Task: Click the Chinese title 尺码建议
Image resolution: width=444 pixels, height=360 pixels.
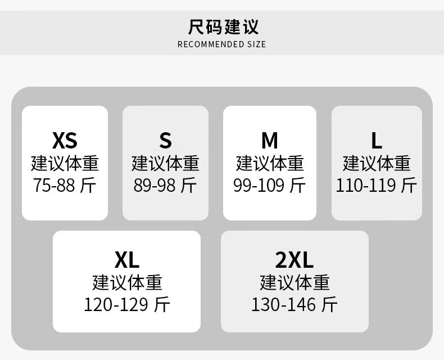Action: click(223, 26)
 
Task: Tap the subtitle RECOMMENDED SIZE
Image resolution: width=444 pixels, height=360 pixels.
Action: click(221, 44)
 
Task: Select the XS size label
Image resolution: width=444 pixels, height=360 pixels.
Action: click(65, 139)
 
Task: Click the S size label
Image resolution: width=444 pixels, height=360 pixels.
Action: click(165, 139)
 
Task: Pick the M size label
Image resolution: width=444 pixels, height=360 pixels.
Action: click(270, 139)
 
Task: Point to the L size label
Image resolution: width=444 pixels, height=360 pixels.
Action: click(376, 139)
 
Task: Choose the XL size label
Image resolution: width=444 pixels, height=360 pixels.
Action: click(126, 260)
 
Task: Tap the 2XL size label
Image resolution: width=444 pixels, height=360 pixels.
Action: click(295, 260)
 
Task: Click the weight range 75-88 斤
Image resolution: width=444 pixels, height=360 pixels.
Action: click(65, 185)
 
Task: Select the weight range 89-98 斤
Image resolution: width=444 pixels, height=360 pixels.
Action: click(165, 185)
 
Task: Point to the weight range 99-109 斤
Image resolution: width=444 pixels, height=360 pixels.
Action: click(270, 185)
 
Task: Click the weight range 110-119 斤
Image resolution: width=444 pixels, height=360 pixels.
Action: click(376, 185)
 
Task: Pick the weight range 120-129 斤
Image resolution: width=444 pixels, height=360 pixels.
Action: click(126, 304)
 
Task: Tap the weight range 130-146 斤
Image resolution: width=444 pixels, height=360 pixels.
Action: click(295, 304)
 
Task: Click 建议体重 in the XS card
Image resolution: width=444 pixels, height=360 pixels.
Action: click(65, 163)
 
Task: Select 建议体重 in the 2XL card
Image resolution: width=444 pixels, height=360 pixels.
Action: click(295, 282)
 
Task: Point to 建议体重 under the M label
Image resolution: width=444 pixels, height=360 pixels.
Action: click(270, 163)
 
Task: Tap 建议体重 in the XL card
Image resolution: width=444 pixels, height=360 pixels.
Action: click(126, 282)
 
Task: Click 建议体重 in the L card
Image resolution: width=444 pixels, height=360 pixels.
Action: click(376, 163)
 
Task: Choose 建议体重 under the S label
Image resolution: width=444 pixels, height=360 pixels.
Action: click(165, 163)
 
